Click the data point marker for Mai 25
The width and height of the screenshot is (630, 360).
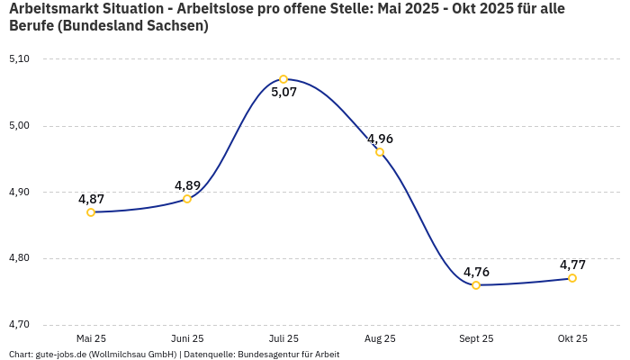click(91, 212)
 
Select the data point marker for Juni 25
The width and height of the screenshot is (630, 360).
click(187, 199)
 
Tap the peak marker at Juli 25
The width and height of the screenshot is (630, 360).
click(283, 79)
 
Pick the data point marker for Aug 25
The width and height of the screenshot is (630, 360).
click(380, 152)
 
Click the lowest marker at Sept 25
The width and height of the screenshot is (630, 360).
click(476, 285)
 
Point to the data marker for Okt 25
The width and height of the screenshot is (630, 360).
click(572, 278)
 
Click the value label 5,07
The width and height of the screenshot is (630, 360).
click(283, 93)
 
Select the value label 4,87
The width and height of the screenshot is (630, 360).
click(91, 199)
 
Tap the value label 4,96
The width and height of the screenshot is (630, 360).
click(380, 139)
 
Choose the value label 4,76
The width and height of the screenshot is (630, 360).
click(476, 272)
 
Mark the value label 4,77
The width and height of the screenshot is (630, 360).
click(572, 265)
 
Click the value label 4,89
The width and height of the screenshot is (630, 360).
click(187, 185)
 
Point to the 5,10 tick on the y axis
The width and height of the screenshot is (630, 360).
click(19, 59)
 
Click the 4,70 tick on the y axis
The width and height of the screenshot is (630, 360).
click(19, 325)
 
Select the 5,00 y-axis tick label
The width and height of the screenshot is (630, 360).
click(19, 126)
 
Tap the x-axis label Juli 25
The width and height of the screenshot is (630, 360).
click(283, 338)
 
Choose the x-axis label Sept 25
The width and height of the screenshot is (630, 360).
click(476, 338)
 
